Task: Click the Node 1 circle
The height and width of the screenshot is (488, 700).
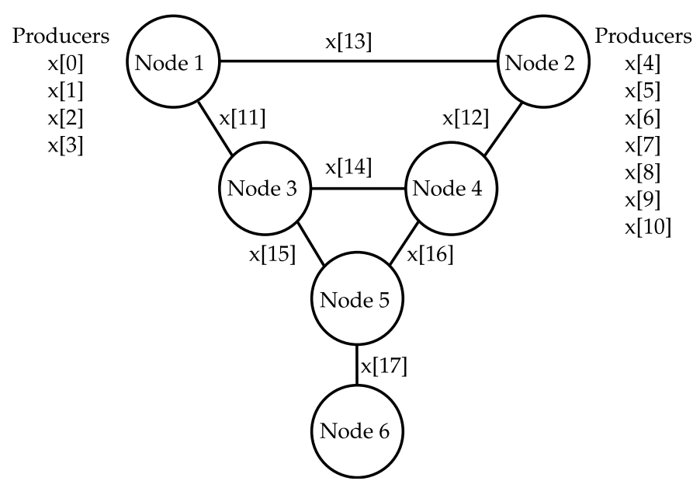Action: coord(174,62)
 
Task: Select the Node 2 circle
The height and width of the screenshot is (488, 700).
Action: coord(540,62)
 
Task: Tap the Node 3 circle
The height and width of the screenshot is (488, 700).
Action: coord(265,189)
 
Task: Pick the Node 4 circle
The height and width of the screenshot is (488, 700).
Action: coord(449,189)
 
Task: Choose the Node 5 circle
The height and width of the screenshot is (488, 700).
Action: coord(357,300)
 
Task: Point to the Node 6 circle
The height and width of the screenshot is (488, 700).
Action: coord(357,430)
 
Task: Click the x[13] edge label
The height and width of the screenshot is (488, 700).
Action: coord(349,42)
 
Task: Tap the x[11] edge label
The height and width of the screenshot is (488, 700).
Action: coord(241,119)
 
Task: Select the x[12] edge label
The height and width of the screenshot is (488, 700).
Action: coord(467,119)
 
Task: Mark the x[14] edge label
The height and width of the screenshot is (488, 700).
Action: coord(349,167)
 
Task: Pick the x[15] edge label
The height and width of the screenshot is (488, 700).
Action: coord(272,255)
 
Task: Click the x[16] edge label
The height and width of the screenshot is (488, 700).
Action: coord(431,254)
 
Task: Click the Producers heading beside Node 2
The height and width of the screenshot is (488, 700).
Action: coord(643,37)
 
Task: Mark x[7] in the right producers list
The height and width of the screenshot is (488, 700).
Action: coord(643,145)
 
